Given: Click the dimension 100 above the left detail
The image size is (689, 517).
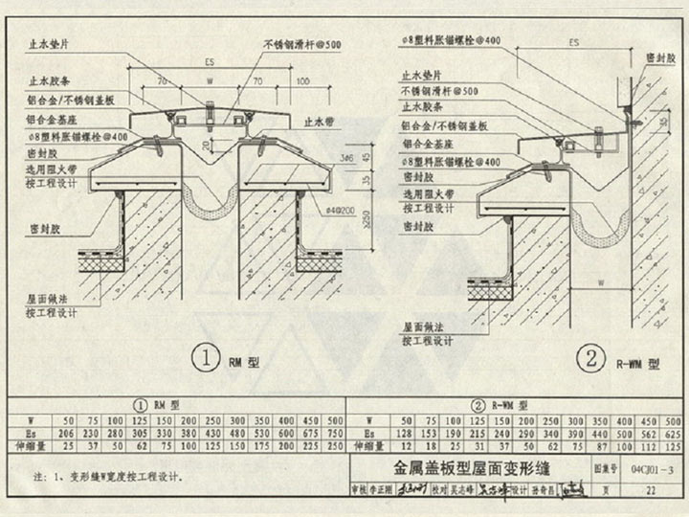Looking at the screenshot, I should pyautogui.click(x=301, y=83).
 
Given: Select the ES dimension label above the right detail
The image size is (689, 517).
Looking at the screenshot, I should pyautogui.click(x=573, y=43).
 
